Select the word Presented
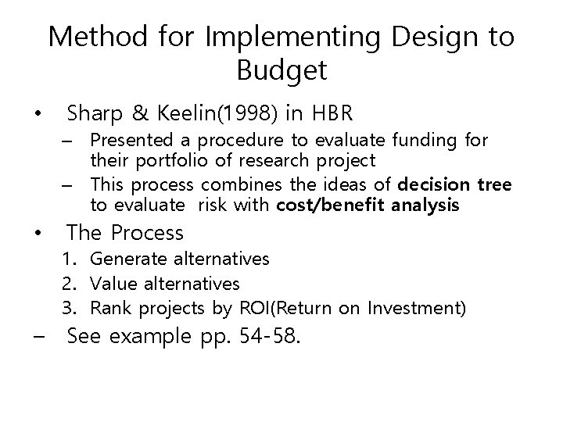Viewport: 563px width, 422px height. (127, 141)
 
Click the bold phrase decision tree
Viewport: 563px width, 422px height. (455, 184)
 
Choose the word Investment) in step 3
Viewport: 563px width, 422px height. (424, 309)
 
